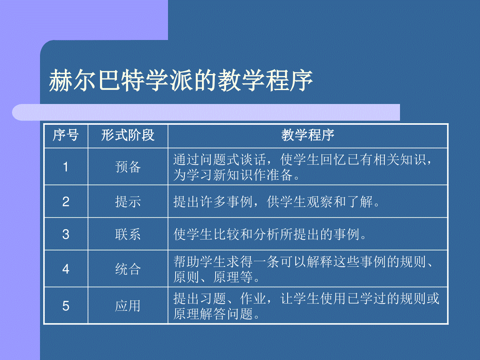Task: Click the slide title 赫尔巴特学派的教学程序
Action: tap(181, 80)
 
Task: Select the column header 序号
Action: tap(66, 135)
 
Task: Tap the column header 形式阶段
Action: tap(128, 135)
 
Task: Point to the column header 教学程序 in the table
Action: tap(308, 135)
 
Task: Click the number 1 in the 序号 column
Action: tap(66, 167)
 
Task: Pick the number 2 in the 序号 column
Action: tap(66, 202)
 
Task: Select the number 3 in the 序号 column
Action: tap(66, 234)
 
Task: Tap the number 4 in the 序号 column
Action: tap(66, 269)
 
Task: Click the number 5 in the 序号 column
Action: tap(66, 306)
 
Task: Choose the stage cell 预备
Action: tap(128, 167)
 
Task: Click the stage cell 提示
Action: tap(128, 202)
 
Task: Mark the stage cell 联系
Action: tap(128, 234)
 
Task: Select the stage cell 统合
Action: tap(128, 269)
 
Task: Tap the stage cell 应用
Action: tap(128, 306)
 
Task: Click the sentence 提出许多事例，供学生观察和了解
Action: tap(273, 202)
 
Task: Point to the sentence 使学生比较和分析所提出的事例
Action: tap(267, 234)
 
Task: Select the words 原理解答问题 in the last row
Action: tap(213, 314)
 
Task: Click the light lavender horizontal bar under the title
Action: tap(206, 112)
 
